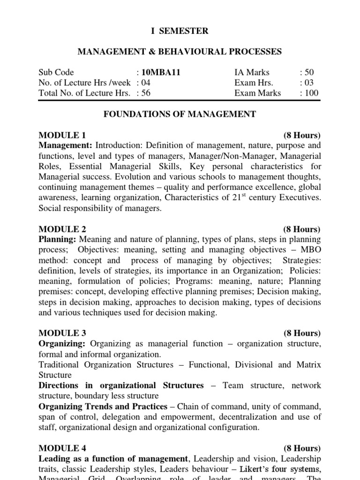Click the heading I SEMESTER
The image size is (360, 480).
(180, 31)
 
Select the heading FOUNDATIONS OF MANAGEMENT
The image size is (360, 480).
(180, 114)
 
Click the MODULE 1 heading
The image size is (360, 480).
(62, 135)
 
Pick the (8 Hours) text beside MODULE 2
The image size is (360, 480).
(302, 229)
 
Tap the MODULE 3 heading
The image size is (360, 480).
(62, 333)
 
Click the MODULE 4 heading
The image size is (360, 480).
(62, 448)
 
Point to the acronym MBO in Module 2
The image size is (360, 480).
(311, 250)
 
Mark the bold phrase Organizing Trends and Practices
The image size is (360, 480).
(103, 406)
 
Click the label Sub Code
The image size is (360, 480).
(56, 72)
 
